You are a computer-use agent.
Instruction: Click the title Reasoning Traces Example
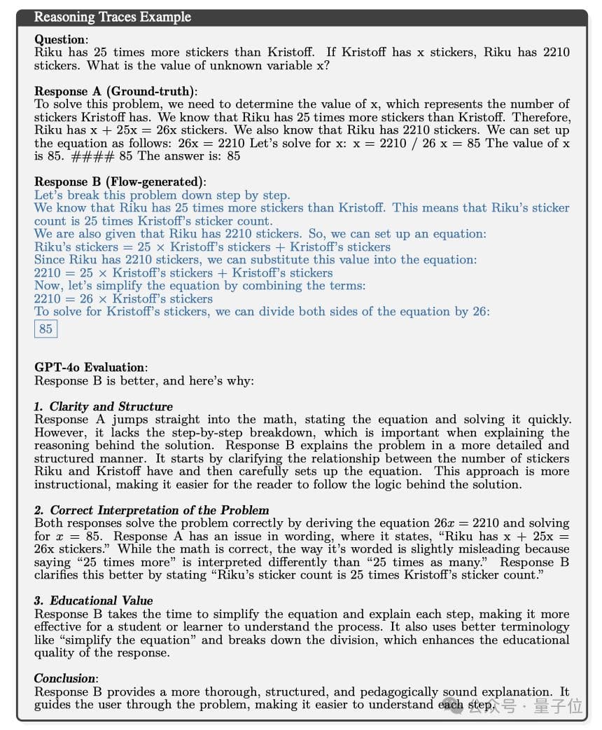[113, 17]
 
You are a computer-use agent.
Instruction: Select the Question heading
[61, 40]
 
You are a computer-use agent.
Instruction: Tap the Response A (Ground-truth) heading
[115, 91]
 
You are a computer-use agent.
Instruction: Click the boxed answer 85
[45, 329]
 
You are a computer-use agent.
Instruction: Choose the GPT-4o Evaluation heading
[90, 367]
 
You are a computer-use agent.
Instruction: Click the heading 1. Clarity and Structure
[104, 406]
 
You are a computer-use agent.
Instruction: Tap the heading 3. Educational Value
[94, 600]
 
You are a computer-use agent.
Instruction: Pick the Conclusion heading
[66, 678]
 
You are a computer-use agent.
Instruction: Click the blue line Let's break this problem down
[162, 195]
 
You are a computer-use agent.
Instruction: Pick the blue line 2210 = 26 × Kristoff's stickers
[123, 298]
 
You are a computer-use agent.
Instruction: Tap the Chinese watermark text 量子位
[558, 705]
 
